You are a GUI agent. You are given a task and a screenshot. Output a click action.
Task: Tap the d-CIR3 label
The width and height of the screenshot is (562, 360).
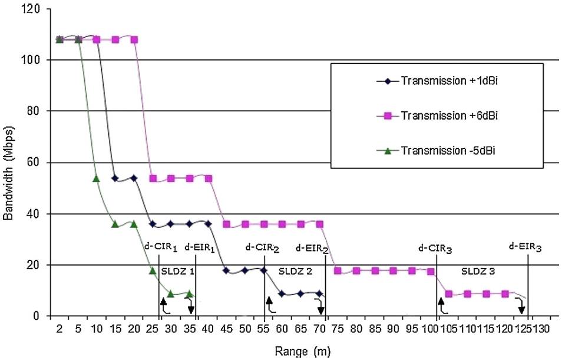click(x=435, y=249)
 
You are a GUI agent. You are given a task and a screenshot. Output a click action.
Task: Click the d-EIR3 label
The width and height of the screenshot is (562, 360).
click(x=525, y=249)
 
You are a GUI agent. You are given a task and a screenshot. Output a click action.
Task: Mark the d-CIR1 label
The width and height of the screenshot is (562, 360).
click(x=160, y=248)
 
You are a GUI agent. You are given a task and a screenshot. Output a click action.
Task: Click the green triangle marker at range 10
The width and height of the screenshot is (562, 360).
click(x=97, y=179)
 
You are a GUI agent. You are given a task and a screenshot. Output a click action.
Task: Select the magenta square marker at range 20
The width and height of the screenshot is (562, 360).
click(x=134, y=39)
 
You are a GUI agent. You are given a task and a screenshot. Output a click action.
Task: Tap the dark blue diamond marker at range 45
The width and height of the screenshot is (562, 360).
click(x=226, y=270)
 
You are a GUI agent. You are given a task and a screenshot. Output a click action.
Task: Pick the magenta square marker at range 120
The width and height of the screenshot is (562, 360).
click(x=505, y=293)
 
